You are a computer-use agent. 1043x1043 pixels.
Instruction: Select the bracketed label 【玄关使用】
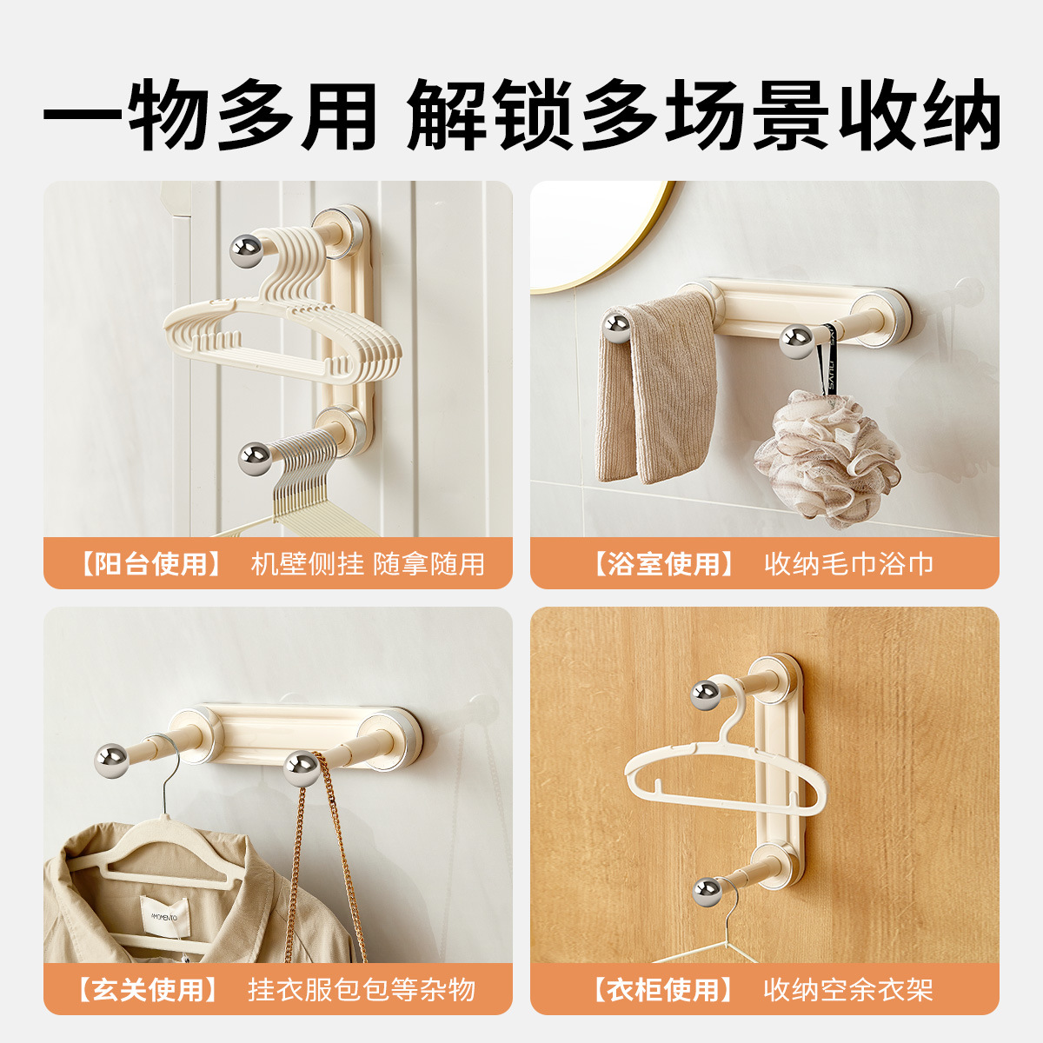(x=148, y=989)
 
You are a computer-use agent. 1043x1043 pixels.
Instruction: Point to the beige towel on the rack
(x=656, y=391)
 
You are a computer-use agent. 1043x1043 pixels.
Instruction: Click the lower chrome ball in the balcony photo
(x=255, y=458)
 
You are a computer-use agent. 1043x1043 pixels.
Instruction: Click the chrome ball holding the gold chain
(x=302, y=768)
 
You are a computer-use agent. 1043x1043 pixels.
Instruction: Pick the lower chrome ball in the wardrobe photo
(x=708, y=891)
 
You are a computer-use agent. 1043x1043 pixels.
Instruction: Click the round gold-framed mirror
(x=600, y=235)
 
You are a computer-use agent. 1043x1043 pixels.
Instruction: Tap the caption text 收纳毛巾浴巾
(x=848, y=564)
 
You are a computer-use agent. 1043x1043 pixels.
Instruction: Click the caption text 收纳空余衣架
(x=848, y=989)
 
